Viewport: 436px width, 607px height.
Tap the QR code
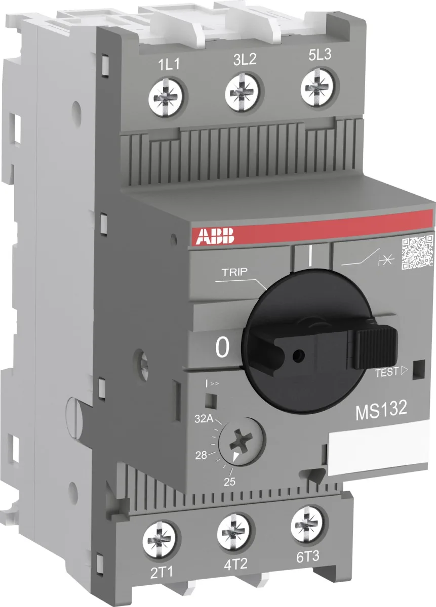point(417,251)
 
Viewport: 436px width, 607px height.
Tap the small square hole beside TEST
point(418,370)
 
